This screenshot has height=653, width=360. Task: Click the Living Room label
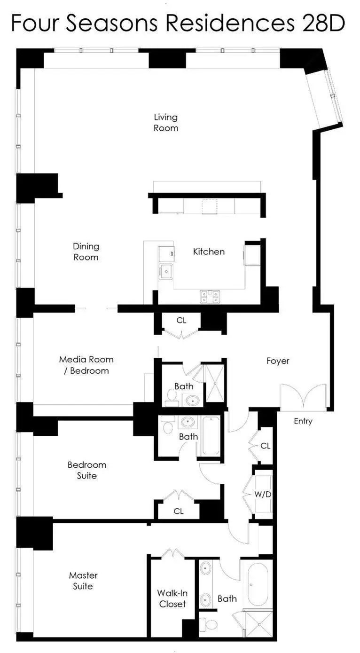click(x=166, y=122)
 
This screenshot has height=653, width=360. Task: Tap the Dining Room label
click(x=86, y=252)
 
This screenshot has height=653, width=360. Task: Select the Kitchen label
click(x=209, y=252)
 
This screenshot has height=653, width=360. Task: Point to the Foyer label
click(x=278, y=361)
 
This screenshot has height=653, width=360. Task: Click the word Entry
click(x=303, y=421)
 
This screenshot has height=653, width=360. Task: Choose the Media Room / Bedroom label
click(x=86, y=365)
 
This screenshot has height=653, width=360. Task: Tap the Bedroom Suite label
click(x=87, y=470)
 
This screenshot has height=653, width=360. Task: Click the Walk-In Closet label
click(x=172, y=598)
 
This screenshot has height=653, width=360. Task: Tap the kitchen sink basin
click(x=165, y=271)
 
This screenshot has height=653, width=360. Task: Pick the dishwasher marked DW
click(x=166, y=253)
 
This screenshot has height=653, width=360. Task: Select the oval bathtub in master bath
click(x=258, y=584)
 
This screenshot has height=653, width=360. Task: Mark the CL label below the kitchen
click(x=181, y=321)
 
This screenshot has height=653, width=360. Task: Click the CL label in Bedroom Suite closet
click(x=178, y=511)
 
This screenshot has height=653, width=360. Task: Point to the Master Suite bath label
click(x=227, y=598)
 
